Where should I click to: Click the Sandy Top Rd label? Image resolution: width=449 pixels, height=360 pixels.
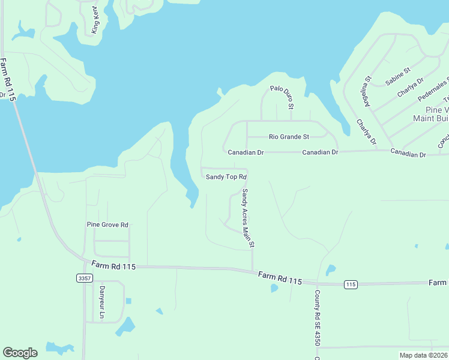click(x=226, y=177)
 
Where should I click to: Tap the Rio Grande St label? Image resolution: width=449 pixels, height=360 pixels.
click(x=289, y=137)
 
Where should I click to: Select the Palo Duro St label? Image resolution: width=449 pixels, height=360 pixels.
click(x=281, y=97)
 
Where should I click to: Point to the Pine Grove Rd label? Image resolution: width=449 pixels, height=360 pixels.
click(x=107, y=225)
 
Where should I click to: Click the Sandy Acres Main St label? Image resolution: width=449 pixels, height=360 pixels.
click(x=249, y=218)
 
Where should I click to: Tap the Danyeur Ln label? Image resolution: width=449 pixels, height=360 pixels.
click(x=102, y=302)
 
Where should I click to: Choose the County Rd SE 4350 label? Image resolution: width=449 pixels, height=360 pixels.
click(x=316, y=318)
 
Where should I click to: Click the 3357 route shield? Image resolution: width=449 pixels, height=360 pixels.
click(x=85, y=278)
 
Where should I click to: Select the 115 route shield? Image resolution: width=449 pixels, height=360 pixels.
click(x=351, y=284)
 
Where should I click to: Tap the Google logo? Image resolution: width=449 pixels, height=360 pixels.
click(x=20, y=353)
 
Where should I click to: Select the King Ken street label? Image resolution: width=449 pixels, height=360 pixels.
click(x=95, y=20)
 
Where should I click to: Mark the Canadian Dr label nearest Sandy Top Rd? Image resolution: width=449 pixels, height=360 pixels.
click(x=246, y=152)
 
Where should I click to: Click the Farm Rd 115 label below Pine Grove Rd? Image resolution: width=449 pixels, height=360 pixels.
click(x=113, y=265)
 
